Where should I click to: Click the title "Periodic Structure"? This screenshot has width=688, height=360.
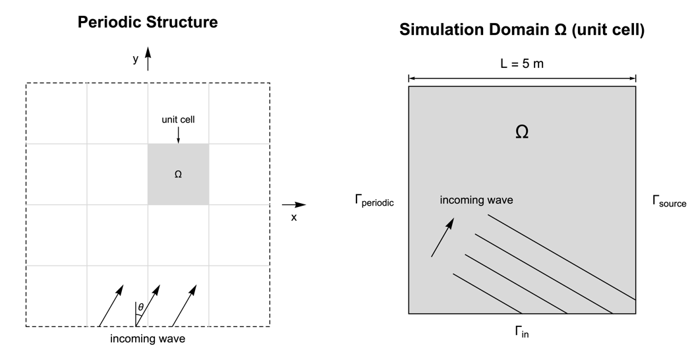click(148, 22)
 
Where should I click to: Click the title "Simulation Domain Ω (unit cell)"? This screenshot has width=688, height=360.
click(521, 30)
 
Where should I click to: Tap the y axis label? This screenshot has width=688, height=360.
click(136, 59)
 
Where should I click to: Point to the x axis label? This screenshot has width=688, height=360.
click(294, 217)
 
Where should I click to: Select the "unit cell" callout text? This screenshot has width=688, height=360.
click(178, 120)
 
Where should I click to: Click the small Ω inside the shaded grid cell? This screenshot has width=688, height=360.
click(178, 175)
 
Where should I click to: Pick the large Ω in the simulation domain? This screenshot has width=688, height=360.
click(521, 132)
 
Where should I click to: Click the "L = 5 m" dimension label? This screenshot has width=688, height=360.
click(521, 65)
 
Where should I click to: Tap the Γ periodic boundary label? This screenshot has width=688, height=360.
click(374, 202)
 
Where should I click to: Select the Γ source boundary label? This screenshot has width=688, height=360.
click(669, 202)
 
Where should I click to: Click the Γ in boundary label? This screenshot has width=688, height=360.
click(521, 332)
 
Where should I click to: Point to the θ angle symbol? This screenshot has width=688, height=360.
click(140, 307)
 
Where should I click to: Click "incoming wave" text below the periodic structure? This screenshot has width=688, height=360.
click(148, 340)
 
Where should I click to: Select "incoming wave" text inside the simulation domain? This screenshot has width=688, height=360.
click(476, 200)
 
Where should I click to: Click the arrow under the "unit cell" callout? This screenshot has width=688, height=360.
click(178, 135)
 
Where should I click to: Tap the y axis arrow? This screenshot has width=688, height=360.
click(148, 59)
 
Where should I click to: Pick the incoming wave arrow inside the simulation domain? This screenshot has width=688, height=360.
click(442, 237)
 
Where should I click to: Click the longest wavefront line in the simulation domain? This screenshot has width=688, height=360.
click(561, 257)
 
